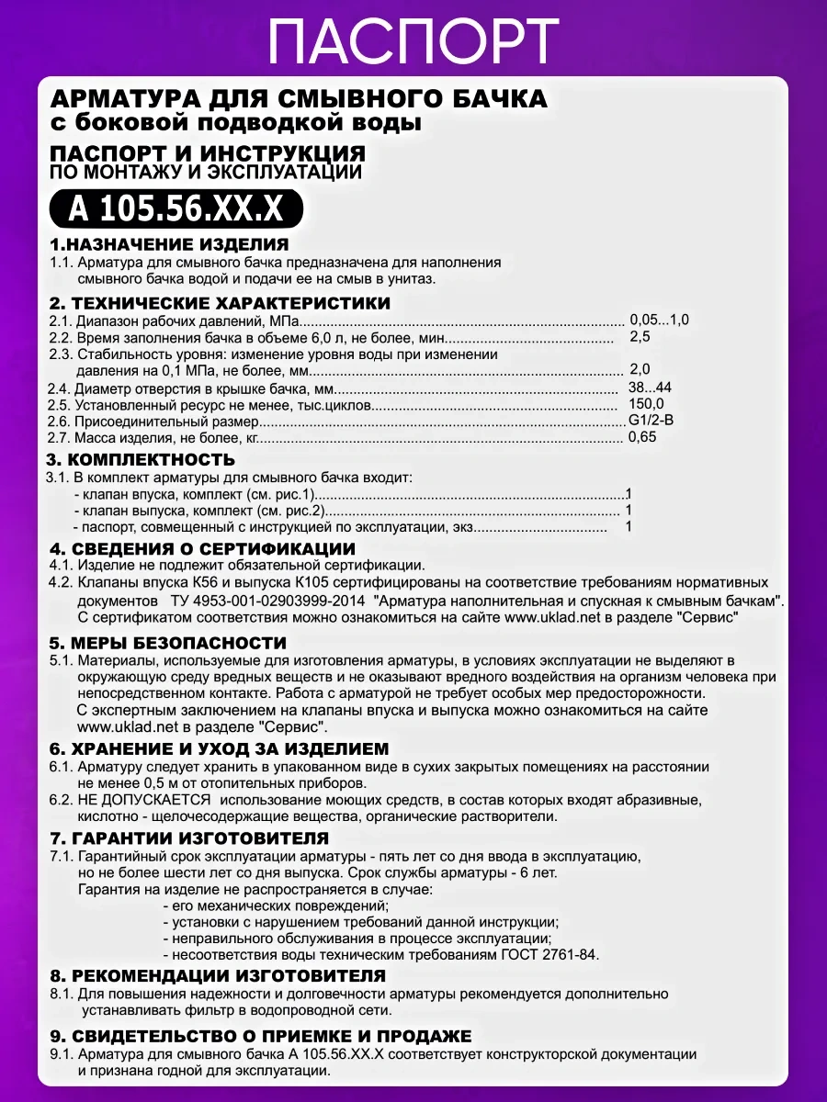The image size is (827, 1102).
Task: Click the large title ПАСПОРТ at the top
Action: (x=413, y=40)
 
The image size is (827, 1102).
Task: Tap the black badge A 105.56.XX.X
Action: (x=176, y=209)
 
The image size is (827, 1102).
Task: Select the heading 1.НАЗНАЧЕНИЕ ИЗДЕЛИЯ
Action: (x=169, y=244)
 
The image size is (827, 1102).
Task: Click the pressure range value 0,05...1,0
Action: (x=659, y=320)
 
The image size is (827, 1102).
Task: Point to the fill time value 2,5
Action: (x=640, y=337)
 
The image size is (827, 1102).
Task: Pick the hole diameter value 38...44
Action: (x=650, y=387)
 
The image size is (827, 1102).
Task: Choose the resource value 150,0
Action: (x=646, y=404)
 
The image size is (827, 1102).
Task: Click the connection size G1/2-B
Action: (x=651, y=421)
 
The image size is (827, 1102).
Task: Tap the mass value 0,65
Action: (x=642, y=437)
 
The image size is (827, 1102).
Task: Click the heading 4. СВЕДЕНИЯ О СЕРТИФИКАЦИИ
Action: (x=201, y=548)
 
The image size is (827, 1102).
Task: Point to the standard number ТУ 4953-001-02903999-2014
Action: (x=268, y=601)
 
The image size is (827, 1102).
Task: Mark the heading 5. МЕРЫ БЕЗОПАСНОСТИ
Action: (x=168, y=643)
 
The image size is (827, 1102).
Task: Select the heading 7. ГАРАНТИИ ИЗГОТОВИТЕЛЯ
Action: (x=188, y=838)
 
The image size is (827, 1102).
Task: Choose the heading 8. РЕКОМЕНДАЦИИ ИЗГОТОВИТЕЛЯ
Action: (x=217, y=975)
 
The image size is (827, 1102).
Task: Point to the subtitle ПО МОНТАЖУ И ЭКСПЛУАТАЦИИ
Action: (x=206, y=172)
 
